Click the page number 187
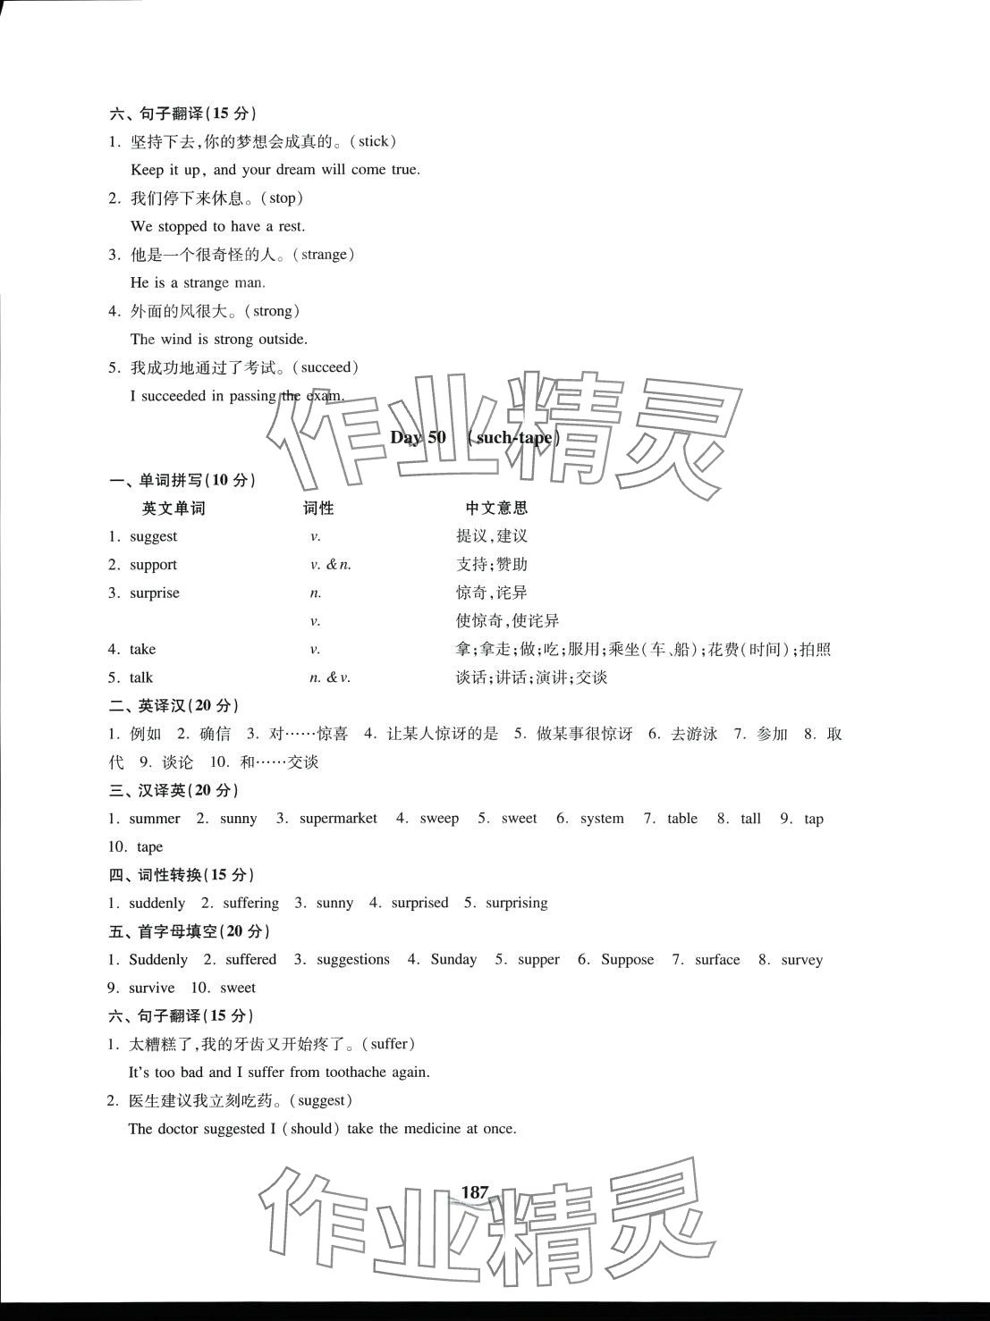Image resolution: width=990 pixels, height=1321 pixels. [474, 1191]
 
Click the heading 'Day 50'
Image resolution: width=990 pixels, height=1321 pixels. [418, 437]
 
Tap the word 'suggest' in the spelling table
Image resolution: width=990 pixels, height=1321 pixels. [154, 536]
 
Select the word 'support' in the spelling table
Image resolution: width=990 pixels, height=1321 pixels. [154, 565]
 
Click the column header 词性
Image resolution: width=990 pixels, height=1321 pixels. [318, 508]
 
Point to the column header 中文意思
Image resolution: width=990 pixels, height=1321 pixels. [496, 508]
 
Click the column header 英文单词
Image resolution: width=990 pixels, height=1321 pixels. [173, 508]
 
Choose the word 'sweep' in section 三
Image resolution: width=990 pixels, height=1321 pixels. [439, 819]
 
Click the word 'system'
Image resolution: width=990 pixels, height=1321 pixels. [602, 819]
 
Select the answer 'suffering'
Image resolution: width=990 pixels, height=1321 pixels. [250, 903]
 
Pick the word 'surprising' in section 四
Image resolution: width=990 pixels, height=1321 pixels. [516, 903]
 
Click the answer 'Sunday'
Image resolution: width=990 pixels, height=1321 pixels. [453, 960]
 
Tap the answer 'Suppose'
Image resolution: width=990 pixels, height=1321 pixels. [627, 960]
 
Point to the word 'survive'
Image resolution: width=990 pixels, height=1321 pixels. [152, 988]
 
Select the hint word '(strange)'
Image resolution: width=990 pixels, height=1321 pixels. [326, 255]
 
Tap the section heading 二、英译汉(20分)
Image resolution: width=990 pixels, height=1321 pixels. [174, 705]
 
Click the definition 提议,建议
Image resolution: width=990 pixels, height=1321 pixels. [492, 536]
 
